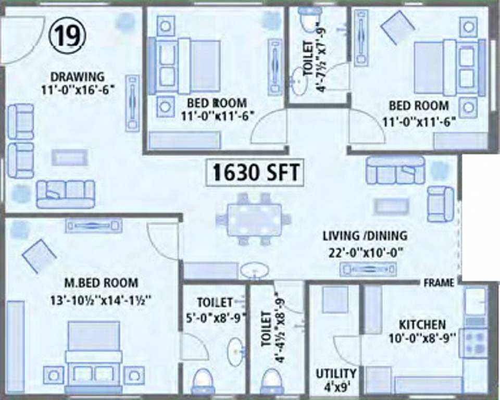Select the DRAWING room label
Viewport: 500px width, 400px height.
(77, 77)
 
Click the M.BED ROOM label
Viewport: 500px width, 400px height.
(102, 283)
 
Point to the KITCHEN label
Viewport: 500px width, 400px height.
(422, 324)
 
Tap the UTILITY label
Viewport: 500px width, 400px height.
(336, 373)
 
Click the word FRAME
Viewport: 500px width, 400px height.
(439, 283)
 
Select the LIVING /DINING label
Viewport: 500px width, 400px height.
(365, 236)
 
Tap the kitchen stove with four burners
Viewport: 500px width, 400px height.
(473, 343)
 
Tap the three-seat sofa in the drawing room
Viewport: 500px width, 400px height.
(66, 194)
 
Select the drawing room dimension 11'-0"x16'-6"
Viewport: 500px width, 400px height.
(78, 89)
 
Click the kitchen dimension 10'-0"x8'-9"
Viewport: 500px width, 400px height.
(422, 337)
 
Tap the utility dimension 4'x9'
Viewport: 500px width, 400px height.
(336, 387)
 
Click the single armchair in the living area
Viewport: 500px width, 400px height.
(440, 204)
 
